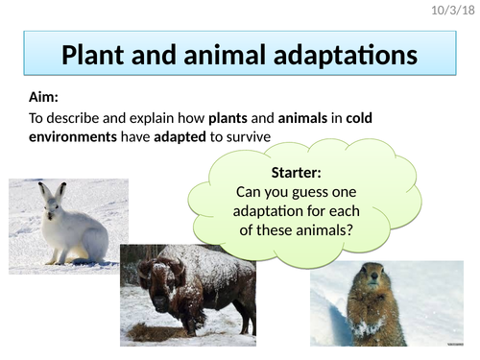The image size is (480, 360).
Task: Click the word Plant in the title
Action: [95, 55]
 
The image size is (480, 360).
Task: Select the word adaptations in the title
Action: [348, 55]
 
